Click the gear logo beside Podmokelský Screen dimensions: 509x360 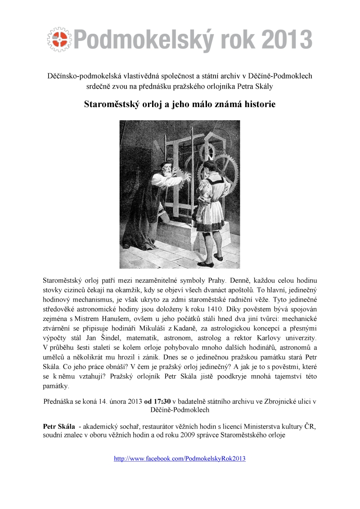(58, 38)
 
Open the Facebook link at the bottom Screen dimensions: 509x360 (180, 459)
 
